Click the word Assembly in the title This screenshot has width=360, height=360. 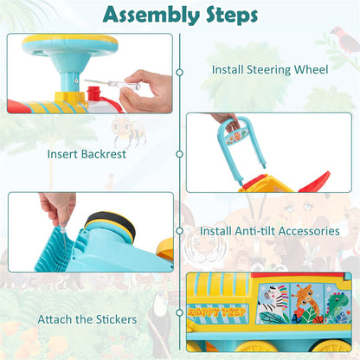click(x=151, y=15)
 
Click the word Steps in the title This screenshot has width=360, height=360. click(x=232, y=15)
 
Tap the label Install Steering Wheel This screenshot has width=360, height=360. click(x=270, y=70)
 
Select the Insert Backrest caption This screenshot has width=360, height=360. click(x=87, y=154)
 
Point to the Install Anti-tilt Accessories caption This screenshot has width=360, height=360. click(x=270, y=231)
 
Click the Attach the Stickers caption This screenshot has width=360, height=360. click(x=87, y=319)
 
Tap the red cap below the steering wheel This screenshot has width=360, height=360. click(x=93, y=93)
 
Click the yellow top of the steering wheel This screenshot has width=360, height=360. click(x=70, y=39)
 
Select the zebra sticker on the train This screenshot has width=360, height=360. click(x=273, y=304)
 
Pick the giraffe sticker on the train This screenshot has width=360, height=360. click(x=306, y=303)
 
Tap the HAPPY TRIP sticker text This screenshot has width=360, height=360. click(x=216, y=312)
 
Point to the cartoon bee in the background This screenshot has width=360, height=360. click(x=128, y=132)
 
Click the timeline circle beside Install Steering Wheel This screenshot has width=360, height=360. click(x=180, y=72)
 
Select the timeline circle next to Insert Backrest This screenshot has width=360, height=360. click(x=180, y=154)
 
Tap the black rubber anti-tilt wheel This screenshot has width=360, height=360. click(x=110, y=224)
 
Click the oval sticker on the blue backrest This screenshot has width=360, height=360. click(x=237, y=137)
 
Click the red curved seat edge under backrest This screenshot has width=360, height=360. click(x=315, y=183)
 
